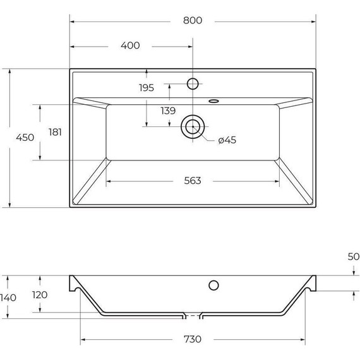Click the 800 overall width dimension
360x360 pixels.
pyautogui.click(x=193, y=20)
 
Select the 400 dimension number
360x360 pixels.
pyautogui.click(x=129, y=45)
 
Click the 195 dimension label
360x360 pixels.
pyautogui.click(x=147, y=88)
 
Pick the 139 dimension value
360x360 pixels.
pyautogui.click(x=167, y=111)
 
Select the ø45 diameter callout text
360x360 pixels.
pyautogui.click(x=227, y=140)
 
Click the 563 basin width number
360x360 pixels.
pyautogui.click(x=193, y=181)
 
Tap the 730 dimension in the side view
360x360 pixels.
pyautogui.click(x=193, y=339)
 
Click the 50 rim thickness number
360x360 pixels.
pyautogui.click(x=353, y=256)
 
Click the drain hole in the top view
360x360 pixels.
pyautogui.click(x=193, y=127)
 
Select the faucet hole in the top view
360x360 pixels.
pyautogui.click(x=193, y=83)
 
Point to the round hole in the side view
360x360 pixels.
pyautogui.click(x=214, y=284)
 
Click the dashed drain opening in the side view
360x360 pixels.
pyautogui.click(x=193, y=314)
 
